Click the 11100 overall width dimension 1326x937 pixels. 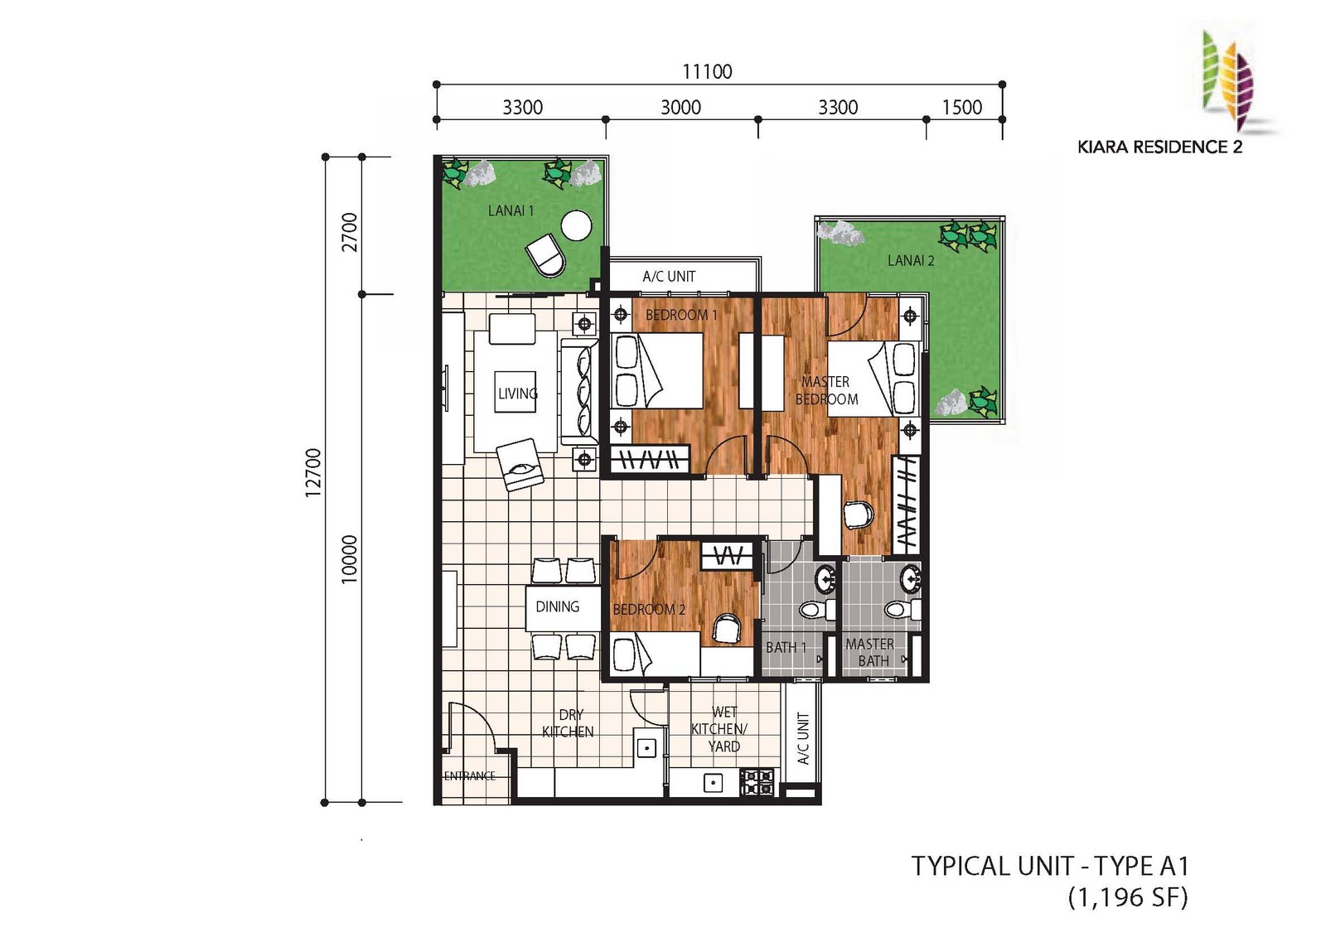click(x=707, y=71)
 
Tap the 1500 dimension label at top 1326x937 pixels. click(x=962, y=107)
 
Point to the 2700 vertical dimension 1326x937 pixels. click(x=350, y=232)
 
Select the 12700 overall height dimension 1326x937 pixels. click(x=313, y=473)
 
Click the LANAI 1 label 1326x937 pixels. click(x=511, y=210)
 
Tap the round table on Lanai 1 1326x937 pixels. click(x=576, y=225)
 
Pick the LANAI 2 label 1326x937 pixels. click(x=911, y=260)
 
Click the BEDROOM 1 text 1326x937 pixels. click(x=681, y=315)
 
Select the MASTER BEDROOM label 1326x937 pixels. click(x=826, y=390)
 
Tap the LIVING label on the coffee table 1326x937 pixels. click(x=517, y=393)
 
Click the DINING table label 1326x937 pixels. click(x=557, y=606)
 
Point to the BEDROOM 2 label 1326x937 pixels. click(x=649, y=609)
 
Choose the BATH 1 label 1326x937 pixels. click(x=786, y=648)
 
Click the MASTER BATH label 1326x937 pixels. click(x=870, y=652)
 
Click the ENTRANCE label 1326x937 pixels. click(x=469, y=776)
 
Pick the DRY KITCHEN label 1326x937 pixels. click(x=569, y=723)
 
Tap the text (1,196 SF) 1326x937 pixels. click(x=1128, y=898)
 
